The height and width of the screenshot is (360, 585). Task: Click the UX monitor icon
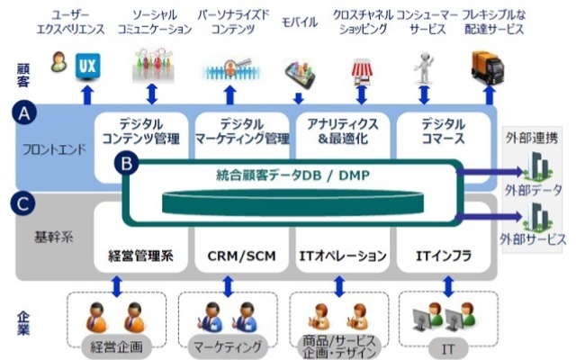point(87,67)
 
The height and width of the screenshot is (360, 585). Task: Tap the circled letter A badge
point(24,112)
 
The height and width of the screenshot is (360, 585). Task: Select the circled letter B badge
point(127,164)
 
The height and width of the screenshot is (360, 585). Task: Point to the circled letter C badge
point(23,203)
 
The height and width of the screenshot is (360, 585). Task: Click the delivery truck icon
point(488,68)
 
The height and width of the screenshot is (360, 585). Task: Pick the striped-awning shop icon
point(362,72)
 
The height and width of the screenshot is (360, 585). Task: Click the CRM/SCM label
point(242,256)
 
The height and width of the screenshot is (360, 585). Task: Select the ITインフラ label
point(444,256)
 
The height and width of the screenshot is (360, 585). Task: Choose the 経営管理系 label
point(140,256)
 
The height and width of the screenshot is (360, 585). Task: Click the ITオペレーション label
point(343,256)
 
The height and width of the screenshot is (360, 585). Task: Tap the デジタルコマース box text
point(443,131)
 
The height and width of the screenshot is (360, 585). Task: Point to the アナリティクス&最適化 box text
point(343,131)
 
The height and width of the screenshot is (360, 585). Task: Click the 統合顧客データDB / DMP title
point(292,175)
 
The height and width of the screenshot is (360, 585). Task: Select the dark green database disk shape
point(292,202)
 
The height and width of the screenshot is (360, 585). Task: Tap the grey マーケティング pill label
point(228,346)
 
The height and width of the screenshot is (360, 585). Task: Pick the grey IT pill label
point(448,349)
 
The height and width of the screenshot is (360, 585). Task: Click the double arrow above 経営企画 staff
point(117,286)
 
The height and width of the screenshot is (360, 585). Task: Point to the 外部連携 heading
point(532,138)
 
